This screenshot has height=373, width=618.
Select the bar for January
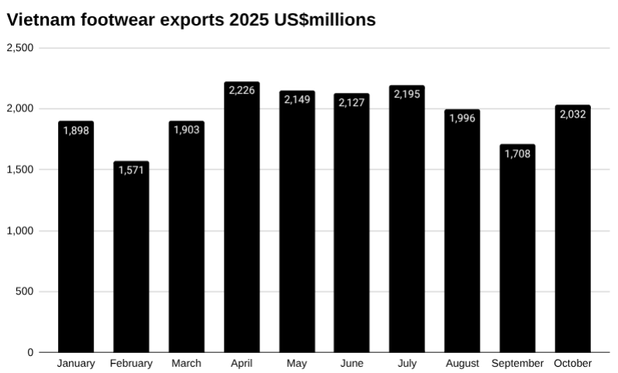pos(76,240)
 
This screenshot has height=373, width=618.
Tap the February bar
pos(131,259)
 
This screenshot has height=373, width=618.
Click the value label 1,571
pos(131,170)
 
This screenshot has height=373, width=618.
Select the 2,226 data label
pos(242,91)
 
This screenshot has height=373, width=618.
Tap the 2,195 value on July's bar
pos(407,94)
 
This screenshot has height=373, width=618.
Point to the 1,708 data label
pos(517,153)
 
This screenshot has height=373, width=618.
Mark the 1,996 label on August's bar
pos(462,118)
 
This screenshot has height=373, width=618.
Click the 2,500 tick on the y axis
pos(20,48)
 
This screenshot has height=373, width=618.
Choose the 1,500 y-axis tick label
pos(20,169)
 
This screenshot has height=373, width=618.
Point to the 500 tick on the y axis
pos(26,292)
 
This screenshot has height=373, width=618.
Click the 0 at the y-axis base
pos(31,353)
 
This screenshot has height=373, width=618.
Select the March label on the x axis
pos(186,363)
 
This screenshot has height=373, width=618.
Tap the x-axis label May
pos(297,363)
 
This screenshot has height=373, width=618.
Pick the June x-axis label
pos(352,363)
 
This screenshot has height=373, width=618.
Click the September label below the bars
pos(517,363)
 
